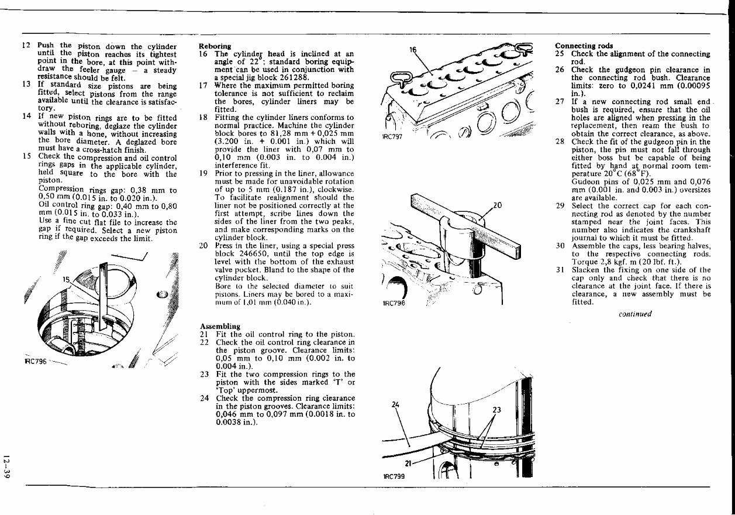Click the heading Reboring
click(215, 46)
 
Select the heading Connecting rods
click(584, 46)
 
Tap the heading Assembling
click(220, 326)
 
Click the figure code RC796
click(35, 362)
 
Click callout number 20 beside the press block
click(498, 205)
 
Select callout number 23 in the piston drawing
click(497, 410)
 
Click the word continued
click(634, 314)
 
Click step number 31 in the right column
click(560, 270)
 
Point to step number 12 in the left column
click(26, 46)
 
